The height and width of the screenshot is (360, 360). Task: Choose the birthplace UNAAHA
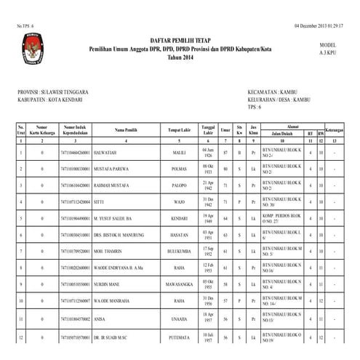click(179, 319)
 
